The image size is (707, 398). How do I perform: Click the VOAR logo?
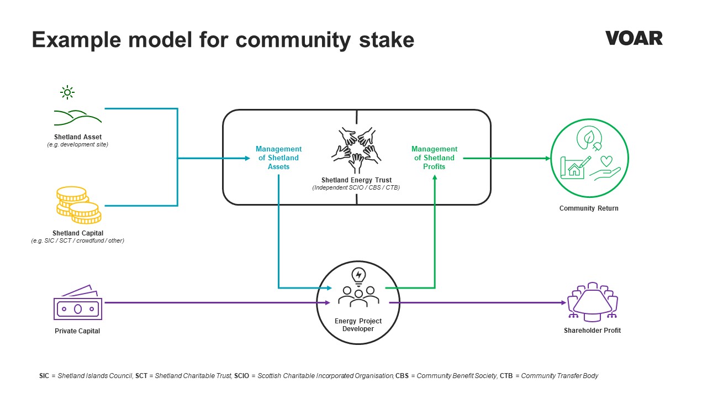[x=634, y=38]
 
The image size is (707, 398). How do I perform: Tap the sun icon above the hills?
[x=67, y=92]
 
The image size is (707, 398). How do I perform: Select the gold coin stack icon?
[x=79, y=205]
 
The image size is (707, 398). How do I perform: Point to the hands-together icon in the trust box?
[x=356, y=150]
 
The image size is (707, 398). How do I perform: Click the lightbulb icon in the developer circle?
[x=358, y=277]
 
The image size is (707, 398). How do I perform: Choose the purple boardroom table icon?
[x=593, y=302]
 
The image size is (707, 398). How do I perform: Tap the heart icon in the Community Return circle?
[x=606, y=161]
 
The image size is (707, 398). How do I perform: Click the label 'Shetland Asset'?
[x=78, y=137]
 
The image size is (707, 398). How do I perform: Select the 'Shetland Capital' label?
[x=78, y=233]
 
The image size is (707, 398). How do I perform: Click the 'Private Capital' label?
[x=77, y=331]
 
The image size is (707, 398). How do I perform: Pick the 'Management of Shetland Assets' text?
[x=278, y=158]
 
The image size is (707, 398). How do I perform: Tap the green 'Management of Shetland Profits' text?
[x=434, y=158]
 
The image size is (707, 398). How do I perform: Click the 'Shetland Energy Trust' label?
[x=356, y=180]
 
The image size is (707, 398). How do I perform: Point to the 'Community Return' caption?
[x=589, y=208]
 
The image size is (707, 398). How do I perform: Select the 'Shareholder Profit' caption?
[x=592, y=331]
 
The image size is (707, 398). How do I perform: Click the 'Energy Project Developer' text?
[x=358, y=325]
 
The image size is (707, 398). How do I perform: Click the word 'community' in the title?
[x=293, y=40]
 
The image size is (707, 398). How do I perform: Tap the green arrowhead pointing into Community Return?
[x=548, y=158]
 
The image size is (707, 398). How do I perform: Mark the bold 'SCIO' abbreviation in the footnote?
[x=241, y=376]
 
